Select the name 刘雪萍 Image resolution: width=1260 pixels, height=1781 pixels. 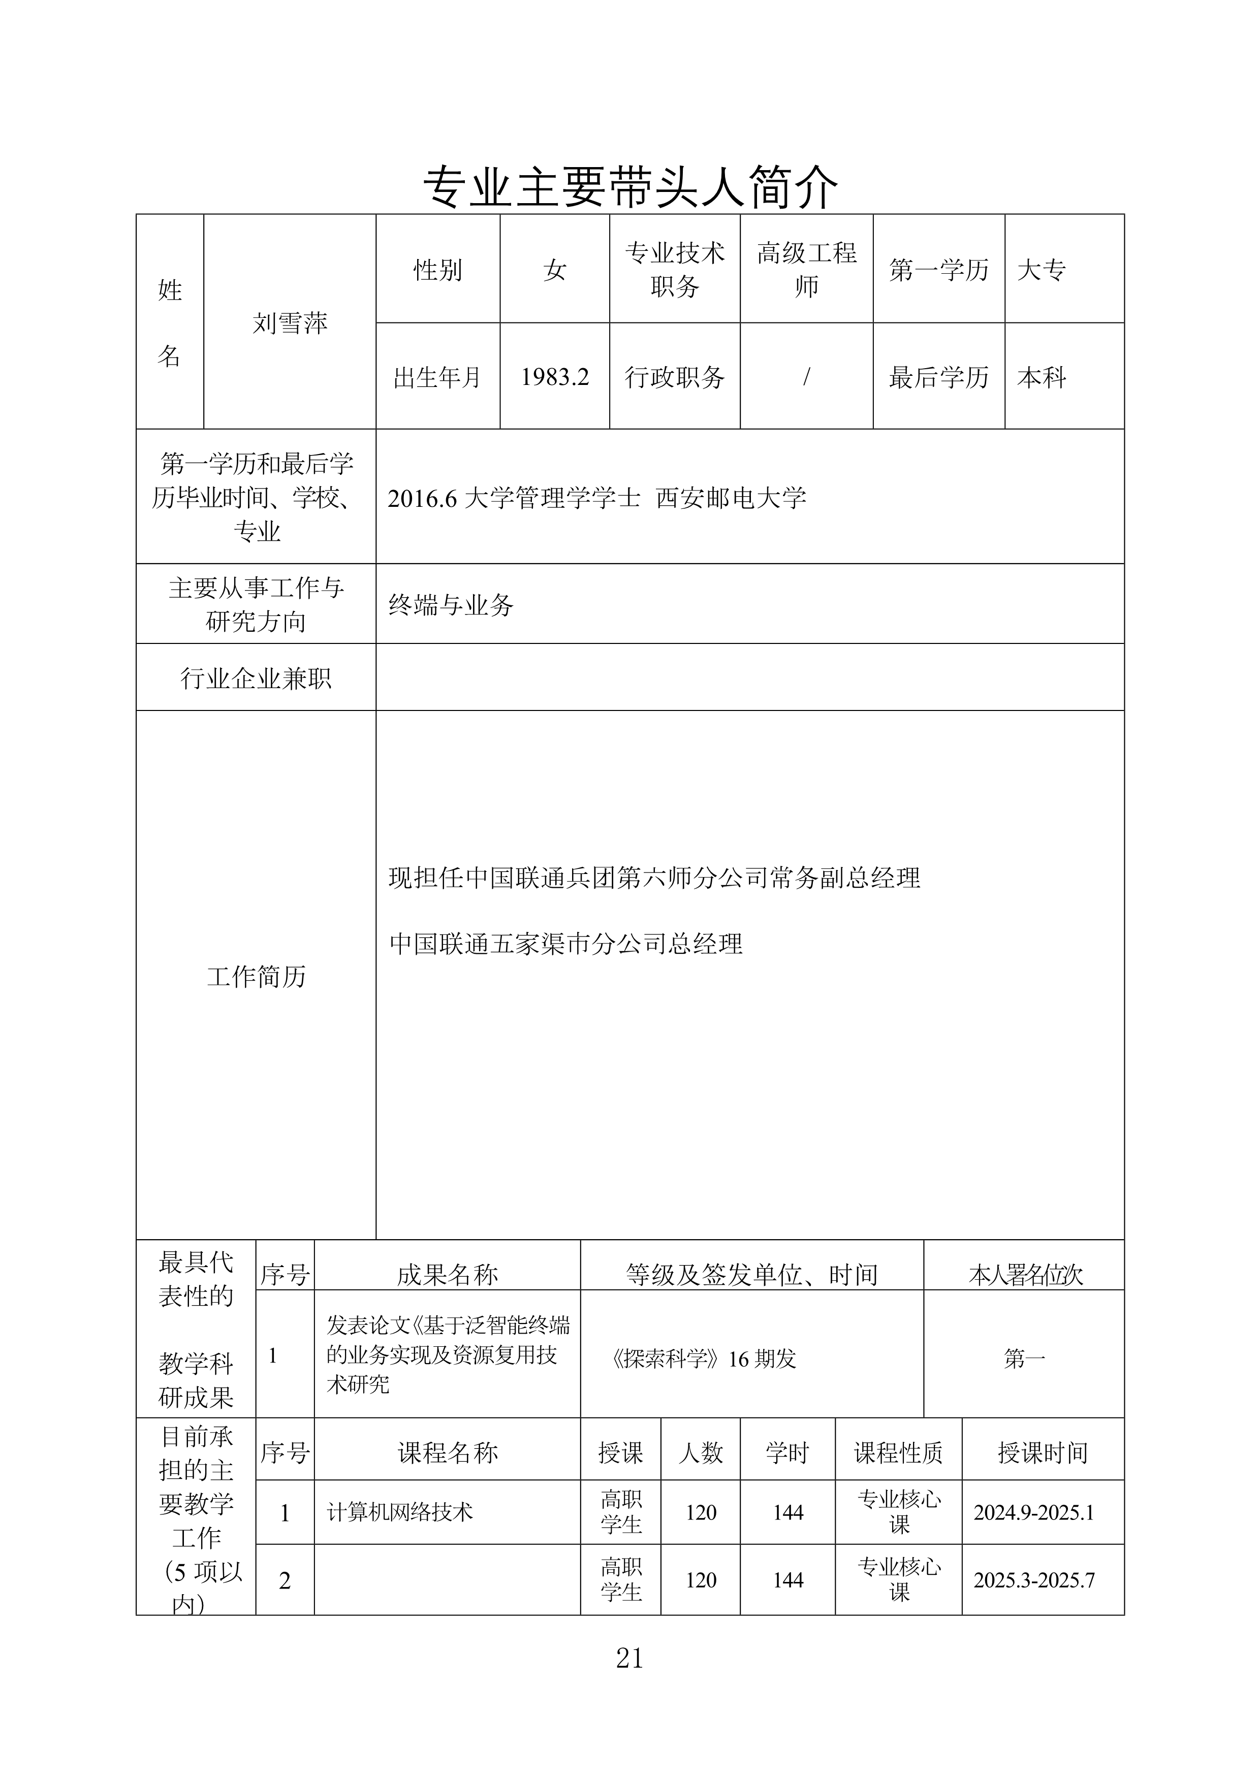click(x=290, y=322)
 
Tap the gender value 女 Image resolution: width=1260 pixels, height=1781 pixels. click(x=555, y=270)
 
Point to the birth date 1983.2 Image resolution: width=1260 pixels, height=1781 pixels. click(x=555, y=377)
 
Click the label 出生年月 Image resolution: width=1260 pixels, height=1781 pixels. click(x=437, y=377)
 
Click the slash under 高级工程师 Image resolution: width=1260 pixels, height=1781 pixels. click(x=806, y=377)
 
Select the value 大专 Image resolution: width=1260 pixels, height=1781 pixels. click(x=1041, y=270)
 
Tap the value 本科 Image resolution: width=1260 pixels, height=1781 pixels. click(x=1041, y=377)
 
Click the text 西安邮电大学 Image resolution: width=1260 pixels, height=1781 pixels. click(x=731, y=497)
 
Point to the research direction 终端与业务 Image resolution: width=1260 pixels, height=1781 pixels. click(x=451, y=604)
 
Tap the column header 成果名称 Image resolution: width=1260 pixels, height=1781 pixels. click(x=447, y=1275)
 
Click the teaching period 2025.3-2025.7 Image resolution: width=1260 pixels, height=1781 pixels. click(x=1034, y=1580)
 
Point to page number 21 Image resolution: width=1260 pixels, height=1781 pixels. click(x=629, y=1658)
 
